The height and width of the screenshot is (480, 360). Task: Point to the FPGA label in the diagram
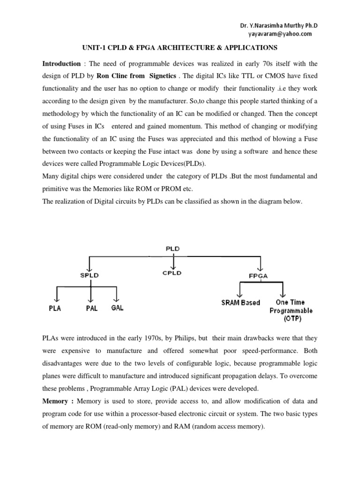tap(259, 276)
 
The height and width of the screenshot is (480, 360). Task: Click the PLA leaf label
tap(55, 309)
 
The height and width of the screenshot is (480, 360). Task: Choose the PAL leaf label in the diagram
tap(91, 309)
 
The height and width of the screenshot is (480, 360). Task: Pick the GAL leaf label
tap(117, 308)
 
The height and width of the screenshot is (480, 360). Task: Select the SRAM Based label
tap(240, 303)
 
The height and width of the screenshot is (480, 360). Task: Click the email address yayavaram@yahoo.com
tap(279, 34)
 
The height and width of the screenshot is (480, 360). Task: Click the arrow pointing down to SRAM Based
tap(240, 292)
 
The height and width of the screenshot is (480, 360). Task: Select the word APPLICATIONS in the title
tap(251, 48)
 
